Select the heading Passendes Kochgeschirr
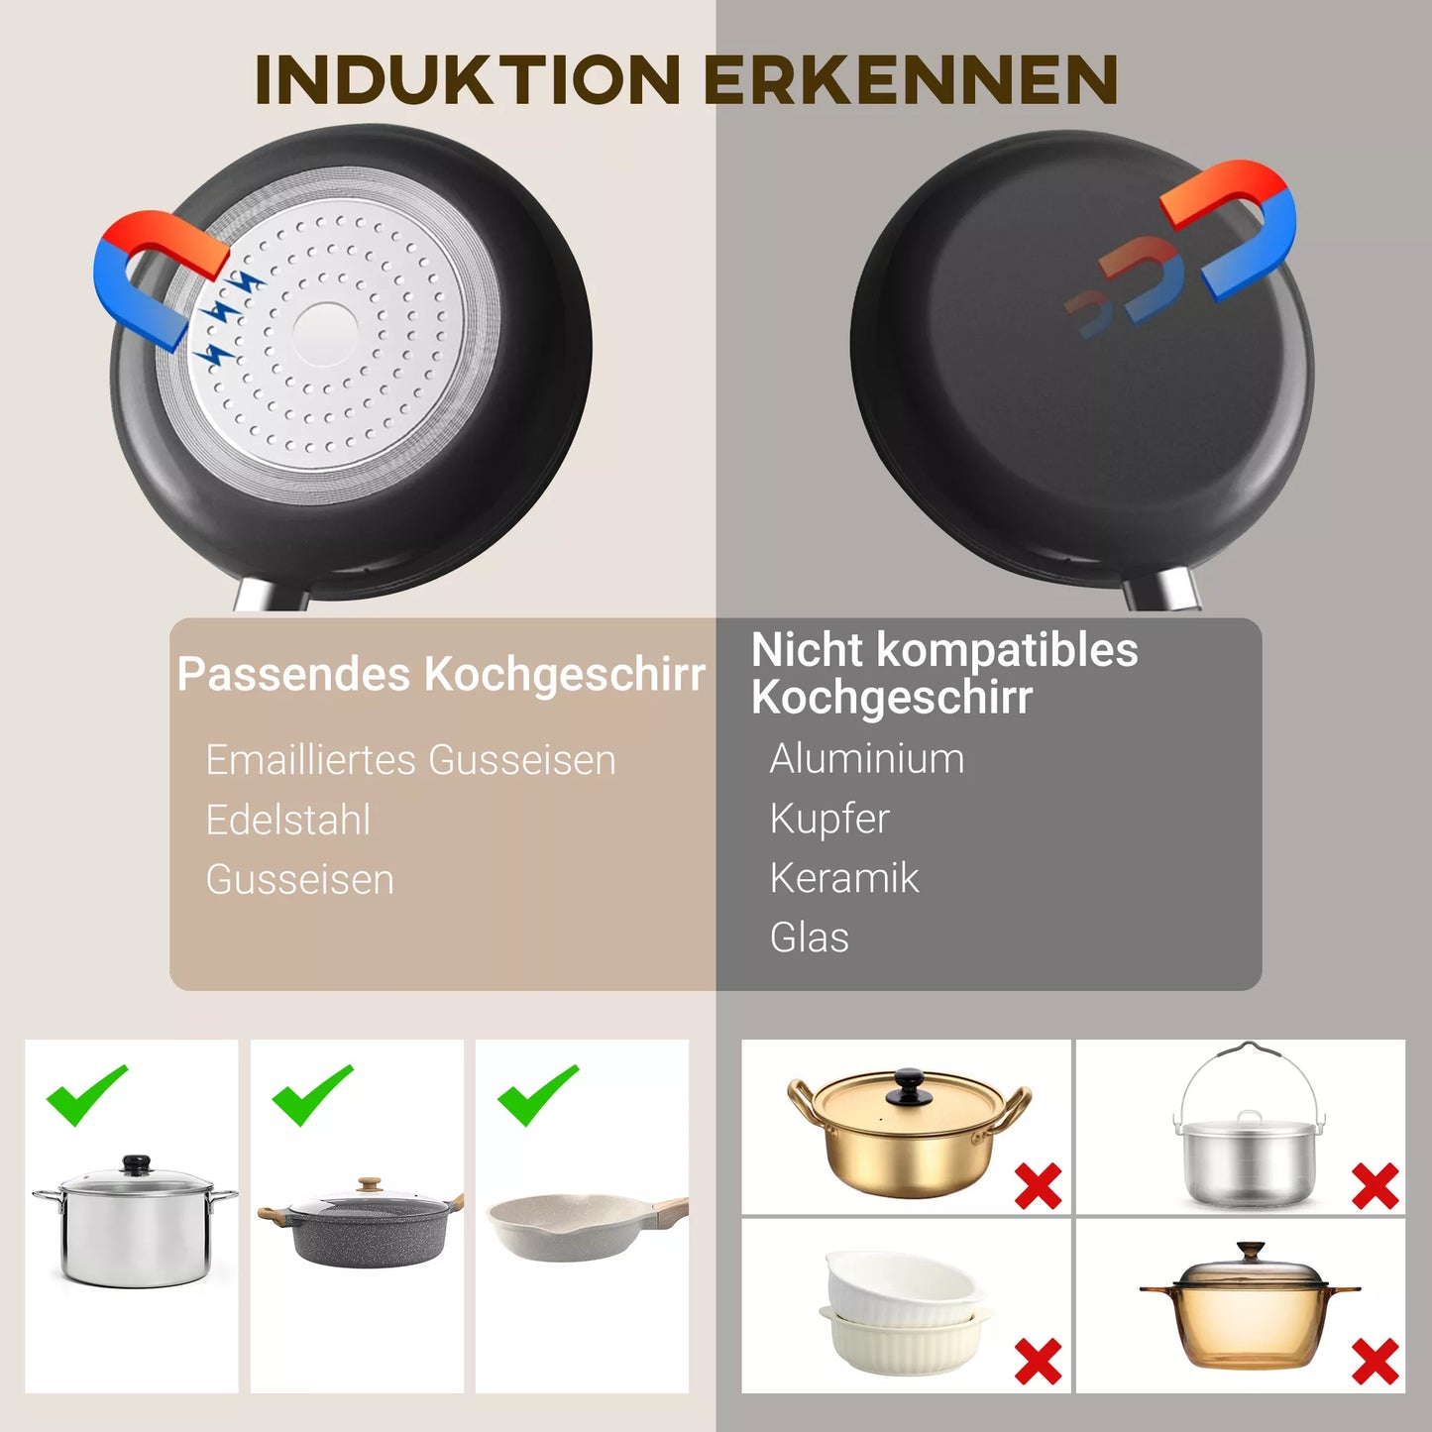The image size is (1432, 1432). [441, 675]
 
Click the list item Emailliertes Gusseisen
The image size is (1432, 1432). [410, 760]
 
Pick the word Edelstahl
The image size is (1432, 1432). [287, 820]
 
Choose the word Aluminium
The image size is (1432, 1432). [866, 759]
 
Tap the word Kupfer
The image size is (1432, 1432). [829, 819]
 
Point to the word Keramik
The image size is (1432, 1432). [844, 878]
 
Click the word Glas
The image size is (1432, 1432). [809, 937]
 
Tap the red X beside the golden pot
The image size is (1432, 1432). [1038, 1185]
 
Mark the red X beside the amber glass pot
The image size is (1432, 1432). [1375, 1361]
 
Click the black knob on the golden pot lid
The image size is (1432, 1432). [909, 1084]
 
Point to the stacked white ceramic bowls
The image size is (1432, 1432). [902, 1309]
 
